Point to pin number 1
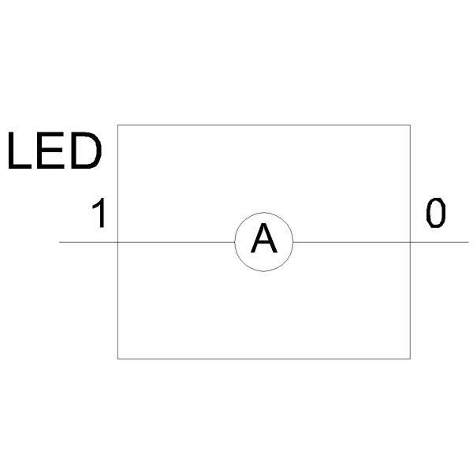[x=99, y=213]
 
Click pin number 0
[x=436, y=213]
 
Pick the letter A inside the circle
[x=263, y=238]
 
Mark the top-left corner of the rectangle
[x=117, y=125]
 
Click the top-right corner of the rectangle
[x=410, y=125]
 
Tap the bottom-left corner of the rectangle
[x=117, y=359]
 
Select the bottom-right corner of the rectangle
[x=410, y=359]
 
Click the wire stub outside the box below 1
[x=88, y=242]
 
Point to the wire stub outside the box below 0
[x=439, y=242]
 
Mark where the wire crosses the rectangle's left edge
[x=117, y=242]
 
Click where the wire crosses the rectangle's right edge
[x=410, y=242]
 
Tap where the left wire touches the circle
[x=235, y=242]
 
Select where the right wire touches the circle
[x=293, y=242]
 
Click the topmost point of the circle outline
[x=263, y=213]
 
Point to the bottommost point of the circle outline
[x=263, y=271]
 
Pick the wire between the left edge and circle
[x=176, y=242]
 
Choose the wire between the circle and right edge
[x=352, y=242]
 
